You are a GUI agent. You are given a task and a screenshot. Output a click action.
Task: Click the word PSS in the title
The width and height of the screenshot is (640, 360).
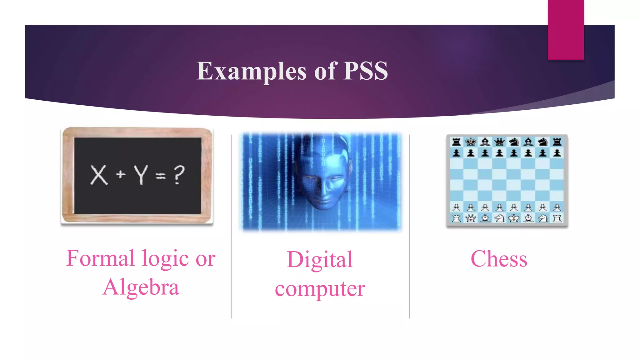tap(366, 71)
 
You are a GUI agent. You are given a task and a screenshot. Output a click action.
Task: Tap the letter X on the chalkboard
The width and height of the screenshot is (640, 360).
tap(99, 175)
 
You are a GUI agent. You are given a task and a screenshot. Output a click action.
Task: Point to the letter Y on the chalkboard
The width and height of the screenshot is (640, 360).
tap(141, 175)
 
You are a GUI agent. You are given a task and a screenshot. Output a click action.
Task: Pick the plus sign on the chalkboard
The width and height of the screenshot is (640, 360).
tap(121, 174)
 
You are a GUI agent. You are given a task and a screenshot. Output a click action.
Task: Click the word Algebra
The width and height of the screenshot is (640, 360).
tap(141, 287)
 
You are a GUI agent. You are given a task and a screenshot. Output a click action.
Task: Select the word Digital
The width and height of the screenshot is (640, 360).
tap(320, 260)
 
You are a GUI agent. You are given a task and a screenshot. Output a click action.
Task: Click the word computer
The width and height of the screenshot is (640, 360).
tap(320, 289)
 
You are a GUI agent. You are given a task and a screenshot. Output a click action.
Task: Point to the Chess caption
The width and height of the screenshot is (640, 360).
tap(499, 259)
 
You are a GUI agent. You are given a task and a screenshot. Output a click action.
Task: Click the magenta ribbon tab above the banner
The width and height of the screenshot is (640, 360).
tap(566, 30)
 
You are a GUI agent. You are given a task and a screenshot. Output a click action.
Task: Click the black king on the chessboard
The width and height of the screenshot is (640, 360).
tap(471, 142)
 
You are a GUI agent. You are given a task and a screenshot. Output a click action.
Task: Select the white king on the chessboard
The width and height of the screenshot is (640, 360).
tap(513, 218)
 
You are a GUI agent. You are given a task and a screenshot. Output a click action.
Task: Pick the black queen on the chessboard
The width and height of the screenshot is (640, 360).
tap(499, 142)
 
